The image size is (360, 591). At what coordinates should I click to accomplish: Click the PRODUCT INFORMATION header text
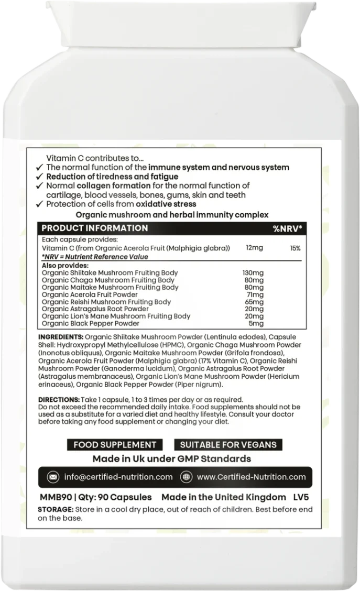[x=94, y=228]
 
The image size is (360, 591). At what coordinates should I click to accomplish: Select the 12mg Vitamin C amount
[x=254, y=247]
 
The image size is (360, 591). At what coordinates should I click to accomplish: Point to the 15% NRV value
[x=295, y=247]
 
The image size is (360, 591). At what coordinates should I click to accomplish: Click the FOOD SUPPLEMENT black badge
[x=115, y=445]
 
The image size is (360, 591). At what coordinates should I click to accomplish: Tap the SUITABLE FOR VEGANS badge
[x=228, y=445]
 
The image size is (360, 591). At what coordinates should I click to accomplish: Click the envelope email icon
[x=53, y=477]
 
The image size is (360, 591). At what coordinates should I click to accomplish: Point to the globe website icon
[x=185, y=477]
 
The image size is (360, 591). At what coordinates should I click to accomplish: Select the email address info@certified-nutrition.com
[x=117, y=477]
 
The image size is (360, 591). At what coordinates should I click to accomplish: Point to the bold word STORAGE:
[x=56, y=510]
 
